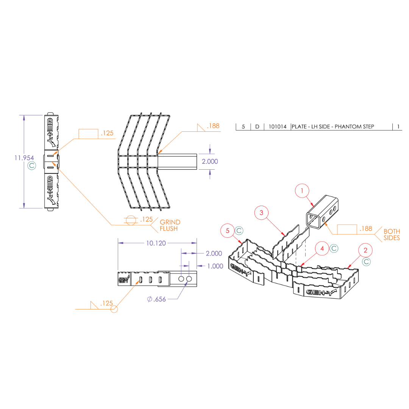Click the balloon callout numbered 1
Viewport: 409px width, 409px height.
click(x=302, y=192)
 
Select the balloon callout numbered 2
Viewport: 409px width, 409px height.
click(x=365, y=250)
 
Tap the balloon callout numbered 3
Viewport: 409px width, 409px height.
click(x=261, y=213)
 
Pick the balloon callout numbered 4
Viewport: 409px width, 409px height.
click(x=322, y=249)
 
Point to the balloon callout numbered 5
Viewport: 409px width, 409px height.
click(x=228, y=230)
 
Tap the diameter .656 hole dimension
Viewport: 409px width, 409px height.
click(x=156, y=299)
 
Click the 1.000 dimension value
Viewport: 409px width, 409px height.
click(x=215, y=266)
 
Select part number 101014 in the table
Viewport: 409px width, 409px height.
click(x=277, y=126)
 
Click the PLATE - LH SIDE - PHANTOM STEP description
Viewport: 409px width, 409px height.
click(x=333, y=126)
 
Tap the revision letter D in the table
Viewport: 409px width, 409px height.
click(x=257, y=126)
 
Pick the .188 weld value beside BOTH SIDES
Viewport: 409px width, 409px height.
click(x=366, y=229)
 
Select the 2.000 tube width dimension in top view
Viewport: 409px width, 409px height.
click(x=209, y=161)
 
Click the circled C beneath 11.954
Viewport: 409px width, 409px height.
click(x=32, y=166)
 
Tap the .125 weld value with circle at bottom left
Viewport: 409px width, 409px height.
click(x=106, y=303)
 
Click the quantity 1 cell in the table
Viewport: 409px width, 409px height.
click(x=399, y=126)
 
